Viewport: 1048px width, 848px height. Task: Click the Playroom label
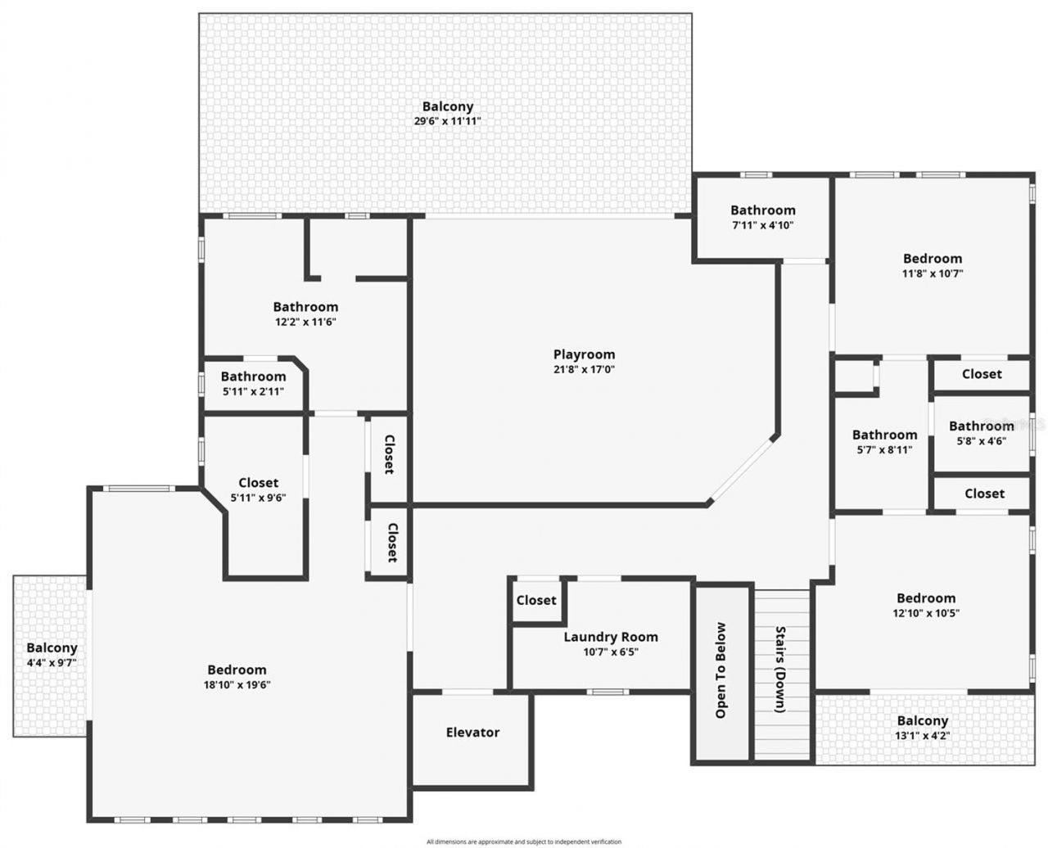(x=584, y=354)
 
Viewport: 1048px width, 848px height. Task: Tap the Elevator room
(x=472, y=733)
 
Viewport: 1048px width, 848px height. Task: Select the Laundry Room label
(x=611, y=637)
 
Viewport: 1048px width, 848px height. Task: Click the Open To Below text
(x=720, y=670)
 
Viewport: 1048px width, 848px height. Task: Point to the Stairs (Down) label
(x=780, y=670)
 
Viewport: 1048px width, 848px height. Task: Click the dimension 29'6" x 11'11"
(x=447, y=121)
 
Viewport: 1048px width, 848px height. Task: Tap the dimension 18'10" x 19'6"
(x=237, y=684)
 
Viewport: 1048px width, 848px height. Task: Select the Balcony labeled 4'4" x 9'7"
(x=51, y=655)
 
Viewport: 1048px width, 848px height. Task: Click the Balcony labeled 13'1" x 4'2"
(x=922, y=728)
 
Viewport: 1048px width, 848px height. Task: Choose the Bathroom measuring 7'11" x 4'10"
(x=762, y=217)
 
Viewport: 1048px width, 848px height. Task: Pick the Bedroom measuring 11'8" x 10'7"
(x=932, y=265)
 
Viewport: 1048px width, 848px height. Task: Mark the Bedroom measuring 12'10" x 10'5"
(x=925, y=605)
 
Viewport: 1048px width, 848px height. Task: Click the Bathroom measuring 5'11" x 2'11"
(x=253, y=383)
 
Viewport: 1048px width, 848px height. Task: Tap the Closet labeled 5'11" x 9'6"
(x=258, y=489)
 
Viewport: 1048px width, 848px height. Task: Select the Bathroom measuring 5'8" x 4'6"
(x=981, y=432)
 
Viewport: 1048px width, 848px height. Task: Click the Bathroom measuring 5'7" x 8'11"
(x=884, y=441)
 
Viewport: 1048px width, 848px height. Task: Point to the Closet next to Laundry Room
(x=536, y=600)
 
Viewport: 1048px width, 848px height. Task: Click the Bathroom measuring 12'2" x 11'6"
(x=305, y=313)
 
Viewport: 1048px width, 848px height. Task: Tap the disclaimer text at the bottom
(x=524, y=841)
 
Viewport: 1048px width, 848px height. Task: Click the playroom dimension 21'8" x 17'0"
(x=584, y=369)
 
